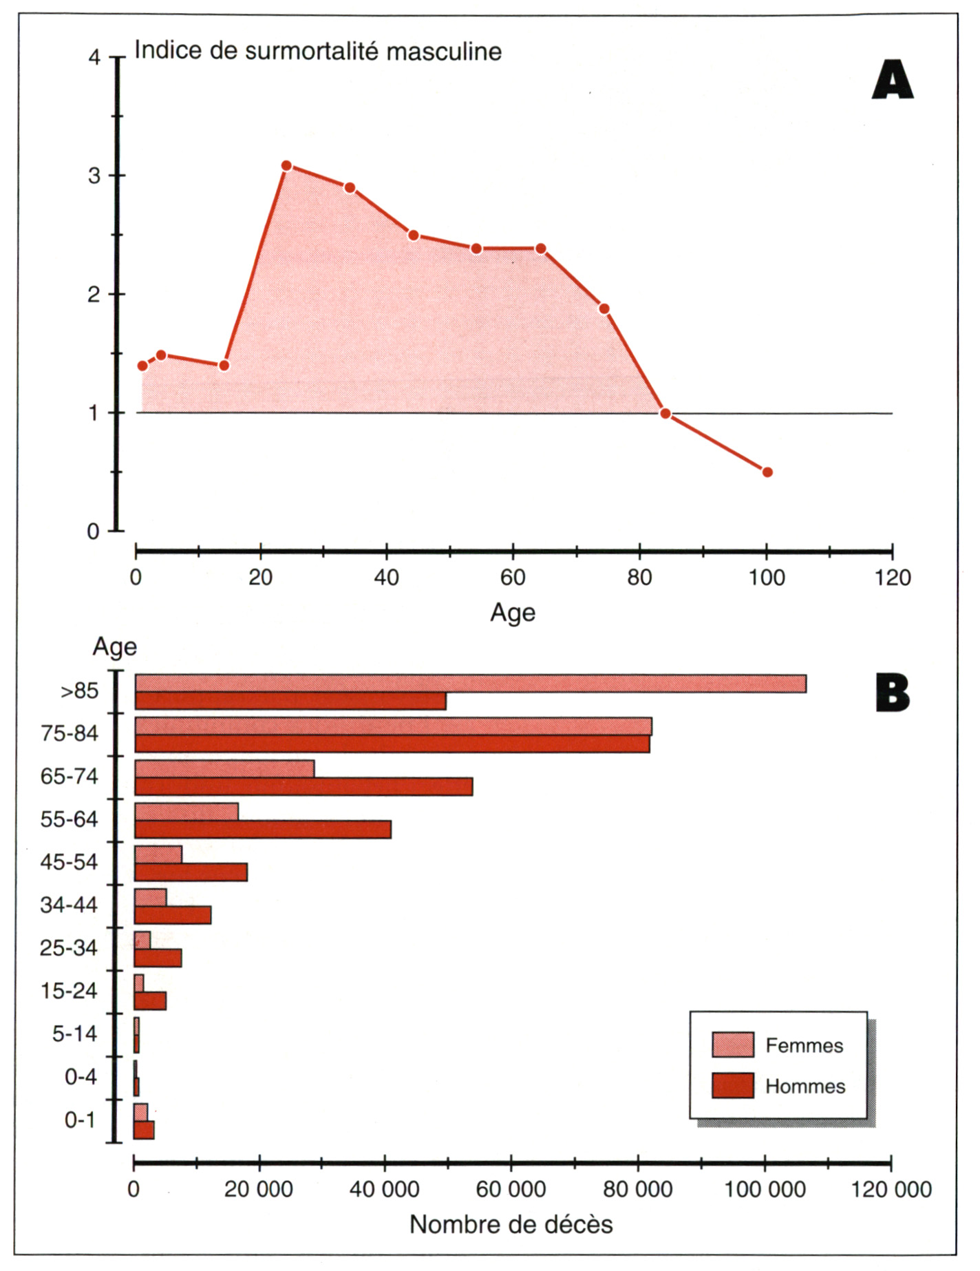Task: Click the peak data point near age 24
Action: coord(286,166)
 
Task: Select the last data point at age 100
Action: coord(767,472)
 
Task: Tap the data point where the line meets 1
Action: coord(665,414)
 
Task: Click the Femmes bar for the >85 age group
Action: coord(470,684)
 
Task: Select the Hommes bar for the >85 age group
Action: coord(290,702)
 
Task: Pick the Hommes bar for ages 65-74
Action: coord(303,787)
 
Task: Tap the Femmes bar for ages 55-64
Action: coord(187,812)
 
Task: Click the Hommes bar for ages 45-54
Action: coord(191,872)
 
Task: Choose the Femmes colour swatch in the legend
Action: coord(732,1044)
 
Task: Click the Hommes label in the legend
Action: coord(805,1086)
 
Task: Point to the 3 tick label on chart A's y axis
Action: coord(94,176)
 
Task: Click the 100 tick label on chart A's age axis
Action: coord(766,578)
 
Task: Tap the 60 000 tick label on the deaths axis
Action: coord(511,1189)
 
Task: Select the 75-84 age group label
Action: coord(69,734)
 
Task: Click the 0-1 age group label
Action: coord(80,1120)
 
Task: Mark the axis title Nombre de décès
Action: coord(511,1225)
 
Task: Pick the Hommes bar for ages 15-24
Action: coord(150,1001)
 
